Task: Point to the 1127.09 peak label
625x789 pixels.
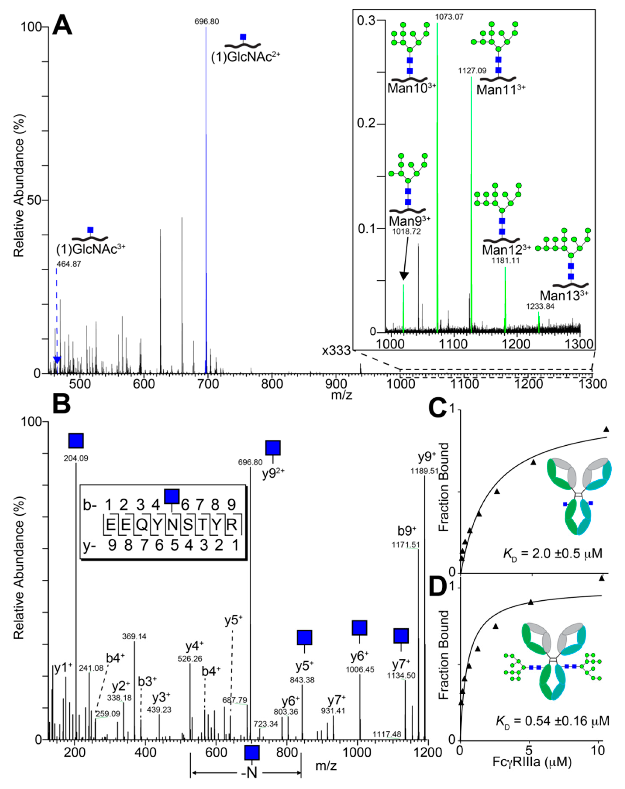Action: (472, 71)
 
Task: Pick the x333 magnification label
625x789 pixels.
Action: (336, 351)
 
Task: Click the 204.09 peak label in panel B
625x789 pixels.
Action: (76, 458)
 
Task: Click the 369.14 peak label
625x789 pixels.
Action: (134, 637)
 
